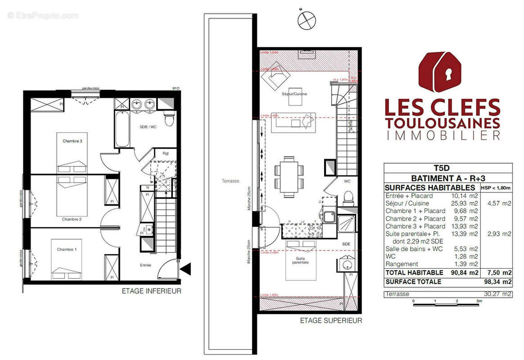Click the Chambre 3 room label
tap(72, 141)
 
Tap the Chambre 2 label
tap(72, 219)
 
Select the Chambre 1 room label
tap(66, 249)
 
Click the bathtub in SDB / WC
tap(122, 129)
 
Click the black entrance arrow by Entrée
tap(185, 270)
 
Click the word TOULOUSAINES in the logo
tap(442, 123)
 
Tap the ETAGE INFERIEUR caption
tap(152, 291)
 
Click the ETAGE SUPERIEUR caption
tap(331, 321)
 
